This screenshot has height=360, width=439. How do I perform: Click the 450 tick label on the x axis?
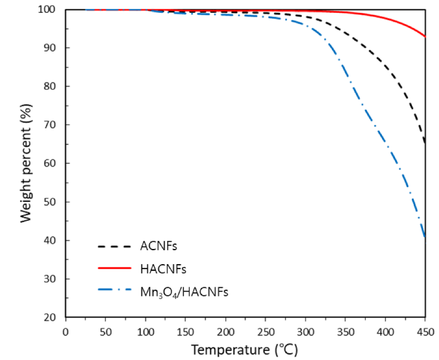click(x=425, y=331)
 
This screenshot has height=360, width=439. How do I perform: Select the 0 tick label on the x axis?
click(x=66, y=331)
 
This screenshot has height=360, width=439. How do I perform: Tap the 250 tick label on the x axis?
click(x=265, y=331)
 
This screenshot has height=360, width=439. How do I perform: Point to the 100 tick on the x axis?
click(x=145, y=331)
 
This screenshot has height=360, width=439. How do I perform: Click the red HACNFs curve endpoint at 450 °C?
click(x=425, y=36)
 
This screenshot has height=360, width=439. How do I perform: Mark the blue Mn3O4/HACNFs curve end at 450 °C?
click(x=425, y=237)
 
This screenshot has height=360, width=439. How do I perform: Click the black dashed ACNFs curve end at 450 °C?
click(x=425, y=144)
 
